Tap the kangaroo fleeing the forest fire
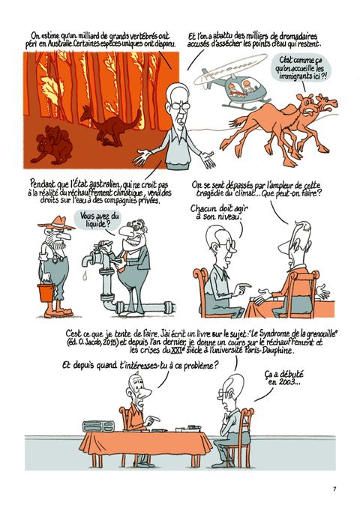110,124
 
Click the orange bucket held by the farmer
46,292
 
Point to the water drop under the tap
85,276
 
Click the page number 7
334,489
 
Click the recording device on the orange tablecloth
98,426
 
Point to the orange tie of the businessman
124,258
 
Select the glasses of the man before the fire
179,106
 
